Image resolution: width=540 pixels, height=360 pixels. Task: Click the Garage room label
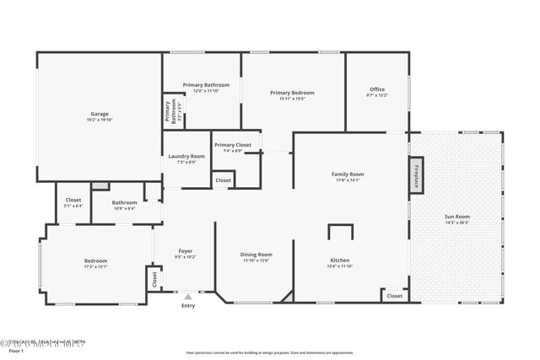click(x=100, y=114)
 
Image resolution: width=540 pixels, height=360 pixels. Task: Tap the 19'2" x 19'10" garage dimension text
click(x=100, y=121)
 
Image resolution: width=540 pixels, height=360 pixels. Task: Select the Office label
click(x=377, y=89)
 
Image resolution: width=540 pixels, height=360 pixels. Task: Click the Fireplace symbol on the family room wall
click(x=415, y=175)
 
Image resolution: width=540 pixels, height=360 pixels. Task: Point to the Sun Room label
click(x=457, y=218)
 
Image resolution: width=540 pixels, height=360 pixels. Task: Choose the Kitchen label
click(x=339, y=261)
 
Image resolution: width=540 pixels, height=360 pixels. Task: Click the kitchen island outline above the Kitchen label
click(x=341, y=235)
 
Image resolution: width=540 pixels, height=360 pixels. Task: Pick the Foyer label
click(x=186, y=250)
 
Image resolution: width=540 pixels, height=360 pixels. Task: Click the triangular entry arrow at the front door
click(x=187, y=297)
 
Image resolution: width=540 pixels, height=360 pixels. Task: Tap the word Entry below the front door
click(x=187, y=306)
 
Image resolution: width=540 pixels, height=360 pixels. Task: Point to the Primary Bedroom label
click(x=292, y=93)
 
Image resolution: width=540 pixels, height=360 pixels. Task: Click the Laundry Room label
click(x=186, y=156)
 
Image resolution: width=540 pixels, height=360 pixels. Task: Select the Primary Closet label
click(x=232, y=145)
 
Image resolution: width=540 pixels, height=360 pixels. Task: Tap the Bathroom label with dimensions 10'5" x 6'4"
click(x=124, y=202)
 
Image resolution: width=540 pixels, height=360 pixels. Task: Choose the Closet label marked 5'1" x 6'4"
click(x=73, y=200)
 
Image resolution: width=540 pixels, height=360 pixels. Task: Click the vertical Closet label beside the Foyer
click(x=154, y=278)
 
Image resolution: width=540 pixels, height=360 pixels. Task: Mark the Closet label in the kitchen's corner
click(x=394, y=296)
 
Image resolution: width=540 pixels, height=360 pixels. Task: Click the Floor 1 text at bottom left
click(x=10, y=352)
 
